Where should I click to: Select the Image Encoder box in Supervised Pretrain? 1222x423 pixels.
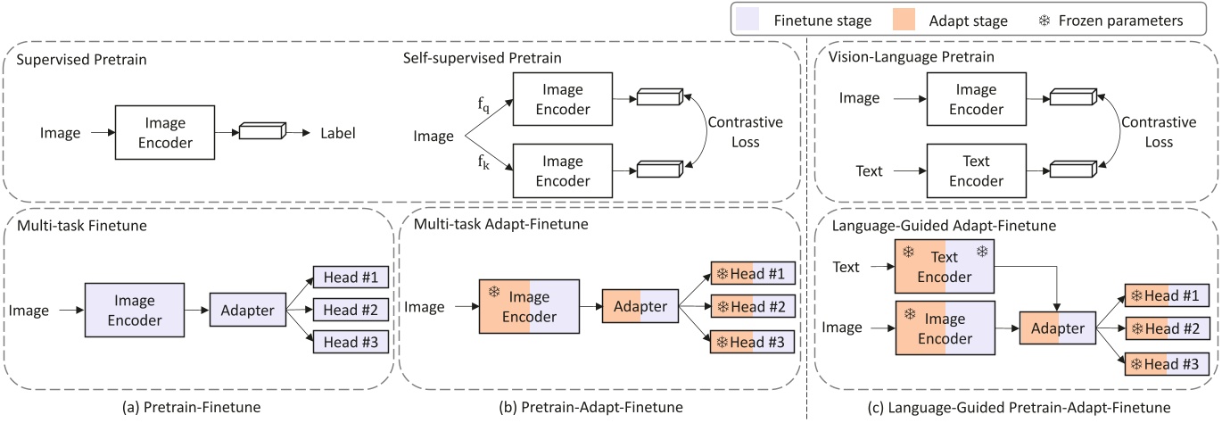164,133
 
